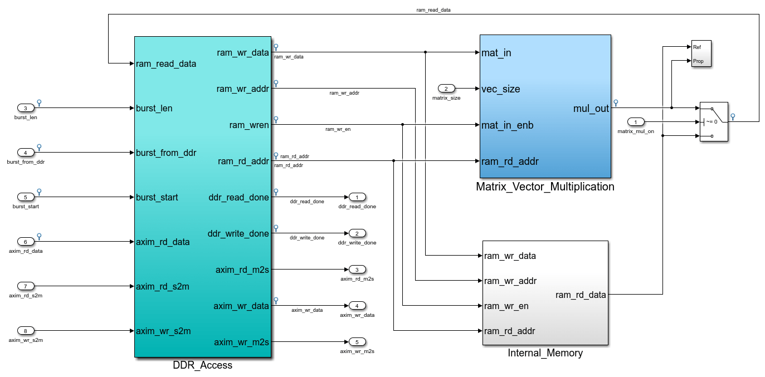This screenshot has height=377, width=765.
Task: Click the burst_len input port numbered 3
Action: (x=26, y=108)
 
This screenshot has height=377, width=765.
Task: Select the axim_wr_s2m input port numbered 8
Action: (x=26, y=330)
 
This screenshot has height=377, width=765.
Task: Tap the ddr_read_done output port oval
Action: (x=357, y=197)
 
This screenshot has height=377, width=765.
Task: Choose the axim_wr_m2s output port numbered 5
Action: (x=357, y=342)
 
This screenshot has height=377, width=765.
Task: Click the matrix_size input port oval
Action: (x=446, y=89)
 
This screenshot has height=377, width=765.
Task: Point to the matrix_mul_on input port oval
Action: (x=636, y=122)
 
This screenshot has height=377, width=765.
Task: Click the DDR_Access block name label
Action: (x=202, y=365)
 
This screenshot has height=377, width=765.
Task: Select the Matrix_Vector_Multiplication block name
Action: (x=545, y=187)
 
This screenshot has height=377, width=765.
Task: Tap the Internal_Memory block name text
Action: (x=545, y=353)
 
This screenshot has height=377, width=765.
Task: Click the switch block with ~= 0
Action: (x=714, y=122)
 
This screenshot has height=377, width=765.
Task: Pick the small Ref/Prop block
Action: (x=701, y=54)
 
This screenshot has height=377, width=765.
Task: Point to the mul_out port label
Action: (x=591, y=109)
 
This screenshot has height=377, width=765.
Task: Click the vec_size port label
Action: (x=500, y=89)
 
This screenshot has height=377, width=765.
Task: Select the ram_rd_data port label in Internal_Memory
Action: (x=581, y=295)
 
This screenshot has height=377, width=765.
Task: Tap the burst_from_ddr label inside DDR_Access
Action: (x=166, y=153)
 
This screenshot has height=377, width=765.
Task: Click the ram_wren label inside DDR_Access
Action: (x=249, y=125)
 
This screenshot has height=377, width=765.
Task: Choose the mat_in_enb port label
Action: (x=508, y=125)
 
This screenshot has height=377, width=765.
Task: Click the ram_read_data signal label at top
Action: (x=433, y=10)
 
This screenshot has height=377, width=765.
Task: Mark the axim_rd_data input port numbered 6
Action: (x=26, y=242)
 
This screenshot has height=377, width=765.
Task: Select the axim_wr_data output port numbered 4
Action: (x=357, y=306)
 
